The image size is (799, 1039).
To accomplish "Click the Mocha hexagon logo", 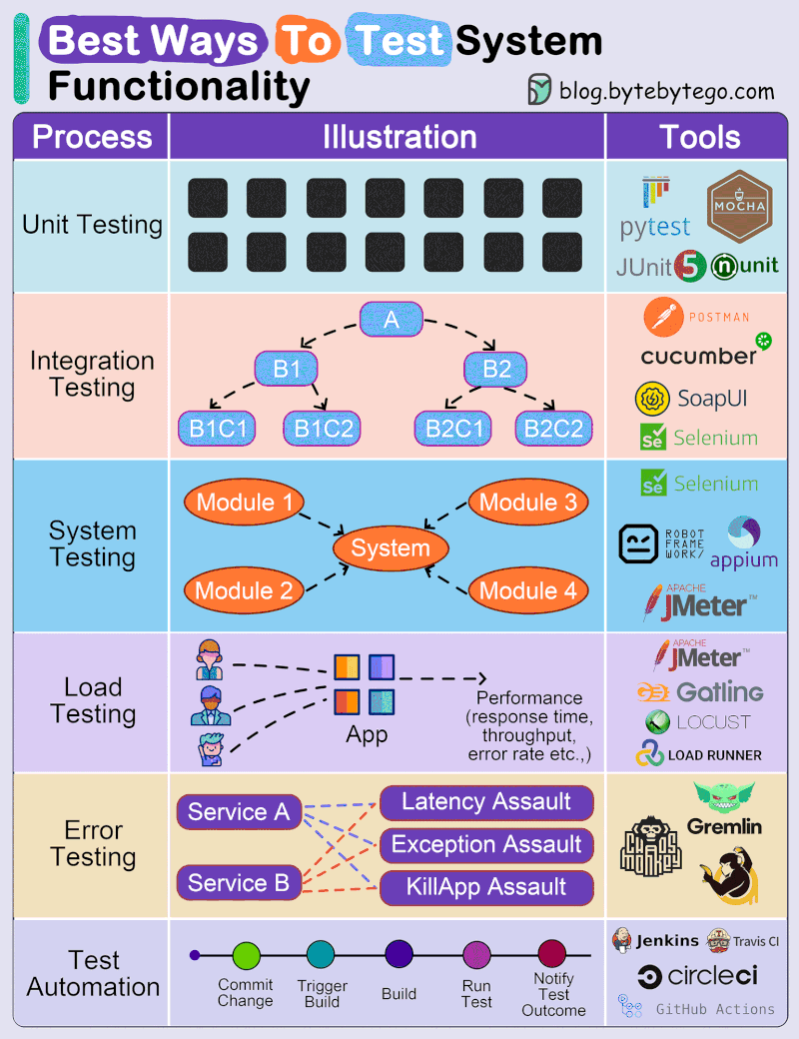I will pos(738,206).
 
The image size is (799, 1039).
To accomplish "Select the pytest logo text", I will pos(655,227).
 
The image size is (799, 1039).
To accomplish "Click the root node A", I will pos(392,320).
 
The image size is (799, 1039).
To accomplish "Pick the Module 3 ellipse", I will pos(528,503).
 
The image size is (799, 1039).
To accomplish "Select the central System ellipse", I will pos(391,547).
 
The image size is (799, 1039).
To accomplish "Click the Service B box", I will pos(239,883).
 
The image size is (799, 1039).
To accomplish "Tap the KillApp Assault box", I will pos(486,887).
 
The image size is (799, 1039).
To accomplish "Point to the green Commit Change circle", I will pos(246,955).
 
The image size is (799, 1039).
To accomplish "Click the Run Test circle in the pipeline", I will pos(476,955).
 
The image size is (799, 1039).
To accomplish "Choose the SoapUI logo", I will pos(691,398).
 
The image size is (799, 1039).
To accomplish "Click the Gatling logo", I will pos(700,691).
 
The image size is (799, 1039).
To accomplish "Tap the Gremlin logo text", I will pos(724,826).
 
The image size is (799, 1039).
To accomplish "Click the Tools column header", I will pos(700,137).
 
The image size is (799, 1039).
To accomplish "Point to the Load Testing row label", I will pos(93,700).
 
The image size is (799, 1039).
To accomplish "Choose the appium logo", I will pos(743,545).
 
